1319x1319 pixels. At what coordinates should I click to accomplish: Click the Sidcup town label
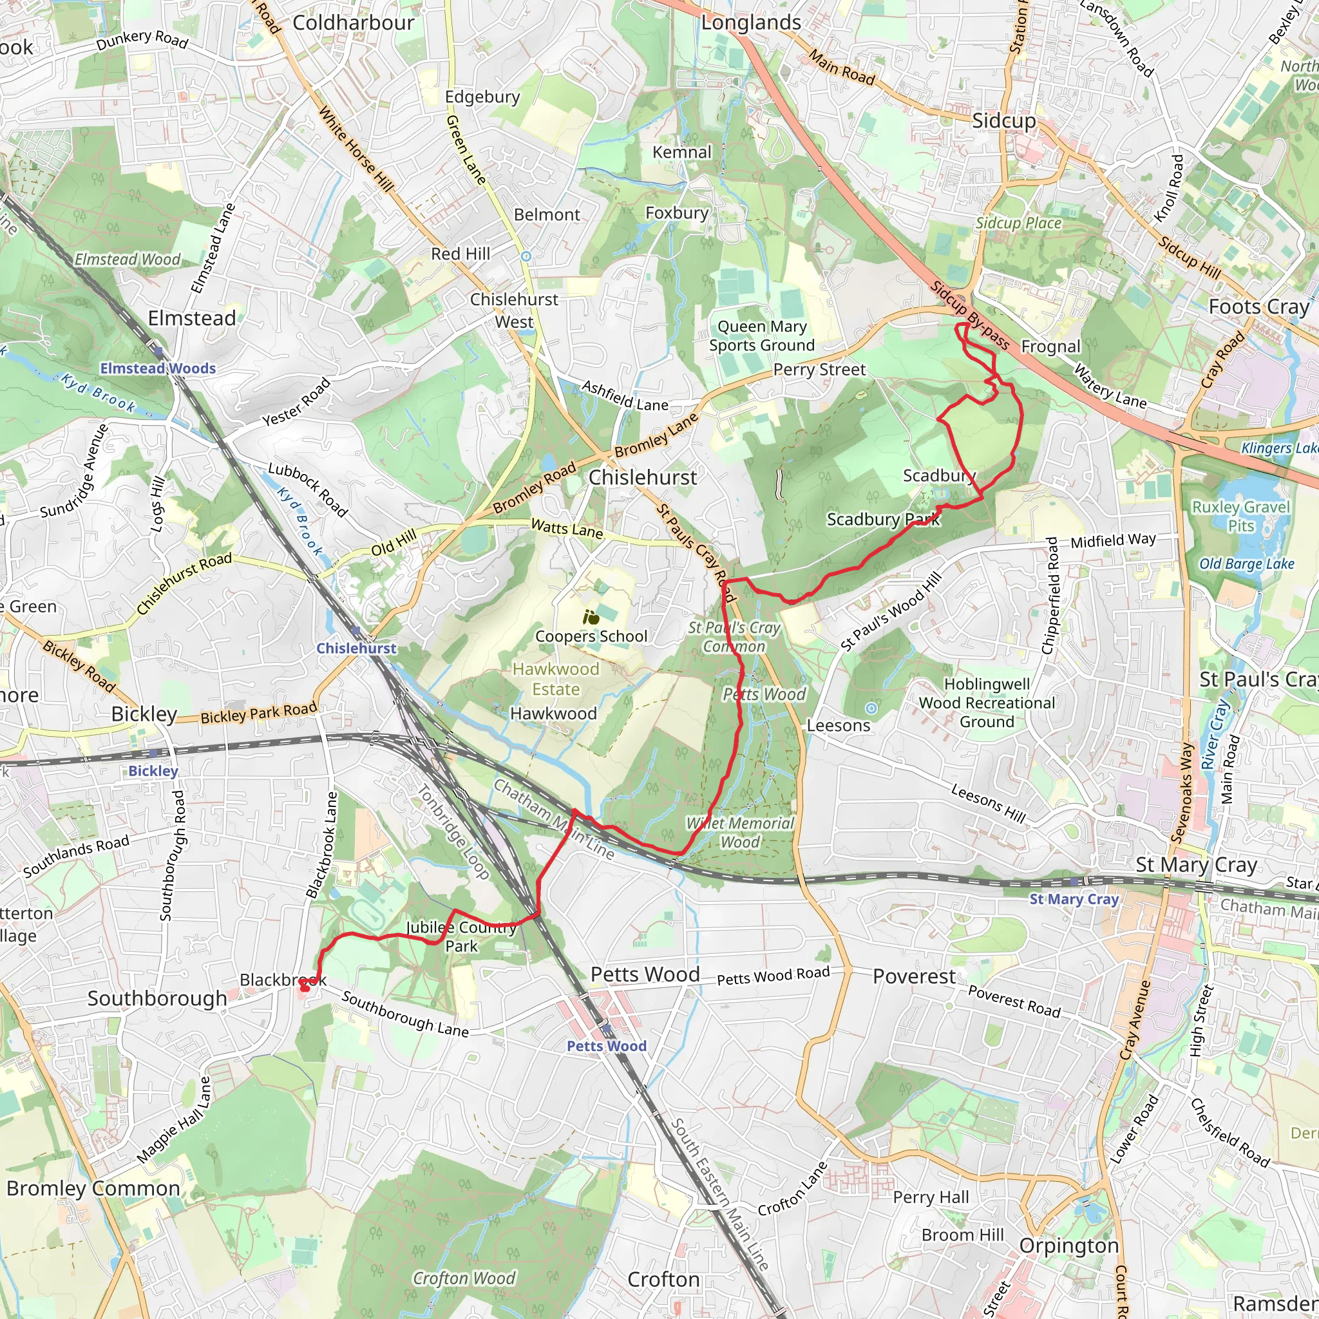(1003, 121)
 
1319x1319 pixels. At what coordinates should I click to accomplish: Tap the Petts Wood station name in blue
(606, 1046)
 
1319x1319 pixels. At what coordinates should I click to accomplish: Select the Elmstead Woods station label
(158, 368)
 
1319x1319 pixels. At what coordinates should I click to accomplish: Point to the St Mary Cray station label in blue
(1074, 899)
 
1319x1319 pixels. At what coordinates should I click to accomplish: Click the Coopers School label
(591, 636)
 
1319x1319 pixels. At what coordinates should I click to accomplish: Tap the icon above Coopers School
(591, 618)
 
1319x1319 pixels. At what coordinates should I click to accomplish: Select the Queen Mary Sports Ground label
(762, 336)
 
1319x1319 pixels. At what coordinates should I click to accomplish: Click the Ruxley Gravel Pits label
(1240, 516)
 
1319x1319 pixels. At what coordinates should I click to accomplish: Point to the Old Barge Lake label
(1247, 564)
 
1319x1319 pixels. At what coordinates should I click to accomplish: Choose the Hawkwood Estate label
(556, 679)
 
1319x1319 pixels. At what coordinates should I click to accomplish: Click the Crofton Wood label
(464, 1278)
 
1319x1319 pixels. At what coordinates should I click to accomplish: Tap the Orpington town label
(1069, 1246)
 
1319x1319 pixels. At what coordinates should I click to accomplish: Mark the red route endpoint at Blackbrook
(305, 987)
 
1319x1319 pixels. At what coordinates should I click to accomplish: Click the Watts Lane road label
(567, 528)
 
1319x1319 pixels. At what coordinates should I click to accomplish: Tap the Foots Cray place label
(1259, 307)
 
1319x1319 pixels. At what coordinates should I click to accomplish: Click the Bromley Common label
(93, 1189)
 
